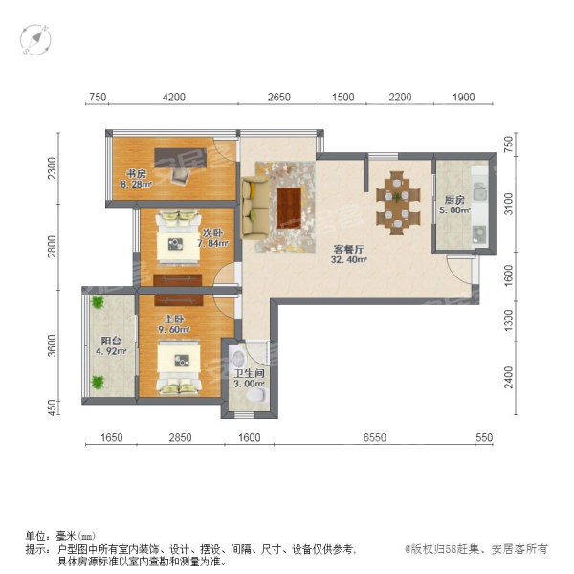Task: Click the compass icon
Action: tap(35, 39)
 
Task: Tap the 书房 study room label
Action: tap(136, 173)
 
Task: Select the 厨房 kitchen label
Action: tap(454, 200)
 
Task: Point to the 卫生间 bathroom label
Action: tap(250, 373)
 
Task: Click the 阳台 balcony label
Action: tap(111, 341)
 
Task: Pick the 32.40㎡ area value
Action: tap(349, 260)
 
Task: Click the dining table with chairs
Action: tap(398, 203)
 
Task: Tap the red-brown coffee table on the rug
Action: tap(289, 208)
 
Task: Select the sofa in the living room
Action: tap(255, 208)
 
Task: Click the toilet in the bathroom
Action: tap(256, 396)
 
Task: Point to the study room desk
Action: tap(181, 158)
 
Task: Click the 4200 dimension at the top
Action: tap(174, 97)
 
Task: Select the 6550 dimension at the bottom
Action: tap(374, 437)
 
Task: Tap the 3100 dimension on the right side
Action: tap(509, 204)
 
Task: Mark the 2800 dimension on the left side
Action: tap(52, 247)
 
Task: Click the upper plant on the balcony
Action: tap(98, 302)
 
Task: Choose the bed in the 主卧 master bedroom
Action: tap(179, 368)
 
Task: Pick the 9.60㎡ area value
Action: tap(174, 329)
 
